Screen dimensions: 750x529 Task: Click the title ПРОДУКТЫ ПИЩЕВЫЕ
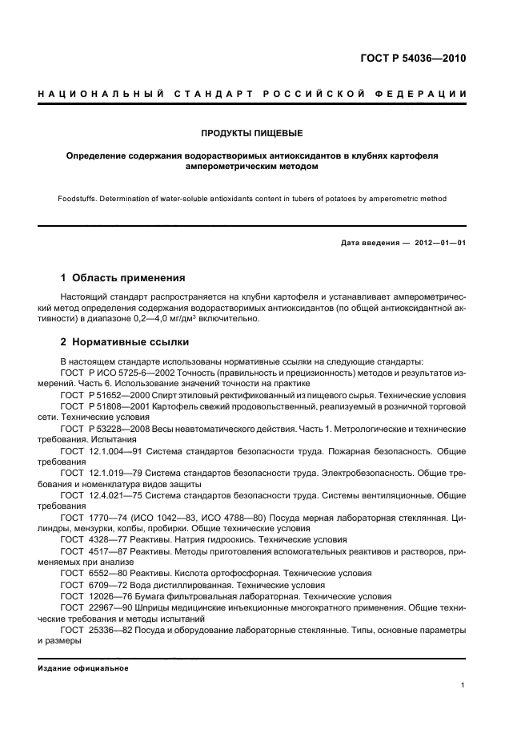(x=252, y=132)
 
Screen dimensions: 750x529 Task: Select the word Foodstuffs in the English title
(x=79, y=199)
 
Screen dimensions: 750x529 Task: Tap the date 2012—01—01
(x=438, y=243)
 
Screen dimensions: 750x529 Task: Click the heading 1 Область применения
(x=123, y=278)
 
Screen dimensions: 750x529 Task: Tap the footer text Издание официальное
(x=83, y=668)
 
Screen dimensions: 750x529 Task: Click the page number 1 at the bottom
(x=464, y=686)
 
